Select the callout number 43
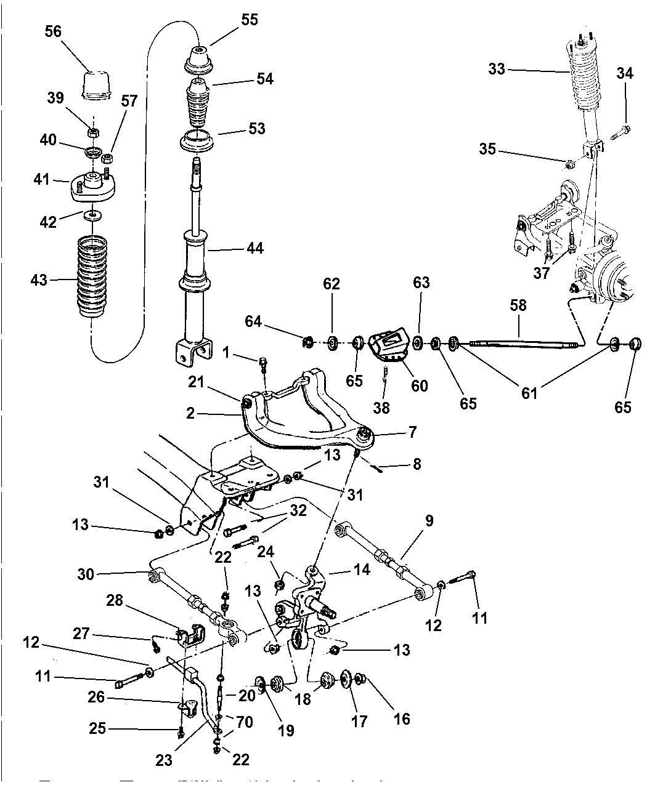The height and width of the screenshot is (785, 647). coord(39,280)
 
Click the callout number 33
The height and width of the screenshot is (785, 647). coord(497,69)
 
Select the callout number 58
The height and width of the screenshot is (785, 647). coord(518,305)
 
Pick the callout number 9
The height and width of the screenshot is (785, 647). coord(429,520)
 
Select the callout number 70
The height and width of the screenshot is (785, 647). coord(245,721)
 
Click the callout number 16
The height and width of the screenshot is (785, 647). coord(402,718)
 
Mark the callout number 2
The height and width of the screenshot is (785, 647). coord(190,413)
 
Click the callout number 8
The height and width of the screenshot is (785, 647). coord(417,463)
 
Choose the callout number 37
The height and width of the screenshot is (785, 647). coord(541,273)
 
